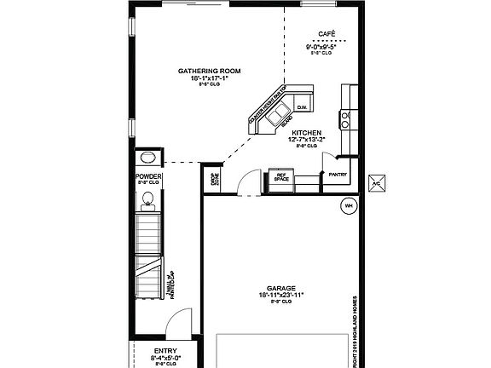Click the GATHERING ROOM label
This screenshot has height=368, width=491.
pyautogui.click(x=207, y=71)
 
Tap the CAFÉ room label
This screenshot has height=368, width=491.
pyautogui.click(x=326, y=35)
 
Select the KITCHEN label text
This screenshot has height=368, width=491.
pyautogui.click(x=306, y=134)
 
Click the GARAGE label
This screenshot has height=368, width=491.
pyautogui.click(x=280, y=288)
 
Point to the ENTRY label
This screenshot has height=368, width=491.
pyautogui.click(x=166, y=351)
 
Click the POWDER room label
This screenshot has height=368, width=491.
pyautogui.click(x=148, y=176)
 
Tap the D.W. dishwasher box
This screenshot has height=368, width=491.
pyautogui.click(x=302, y=107)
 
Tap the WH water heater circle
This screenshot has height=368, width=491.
pyautogui.click(x=348, y=205)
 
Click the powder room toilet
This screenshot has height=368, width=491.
pyautogui.click(x=147, y=199)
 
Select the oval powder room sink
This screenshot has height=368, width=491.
pyautogui.click(x=147, y=158)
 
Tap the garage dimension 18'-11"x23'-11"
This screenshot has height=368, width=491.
pyautogui.click(x=280, y=295)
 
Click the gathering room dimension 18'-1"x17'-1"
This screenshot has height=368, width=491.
pyautogui.click(x=207, y=78)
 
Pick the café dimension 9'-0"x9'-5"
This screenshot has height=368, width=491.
pyautogui.click(x=326, y=47)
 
